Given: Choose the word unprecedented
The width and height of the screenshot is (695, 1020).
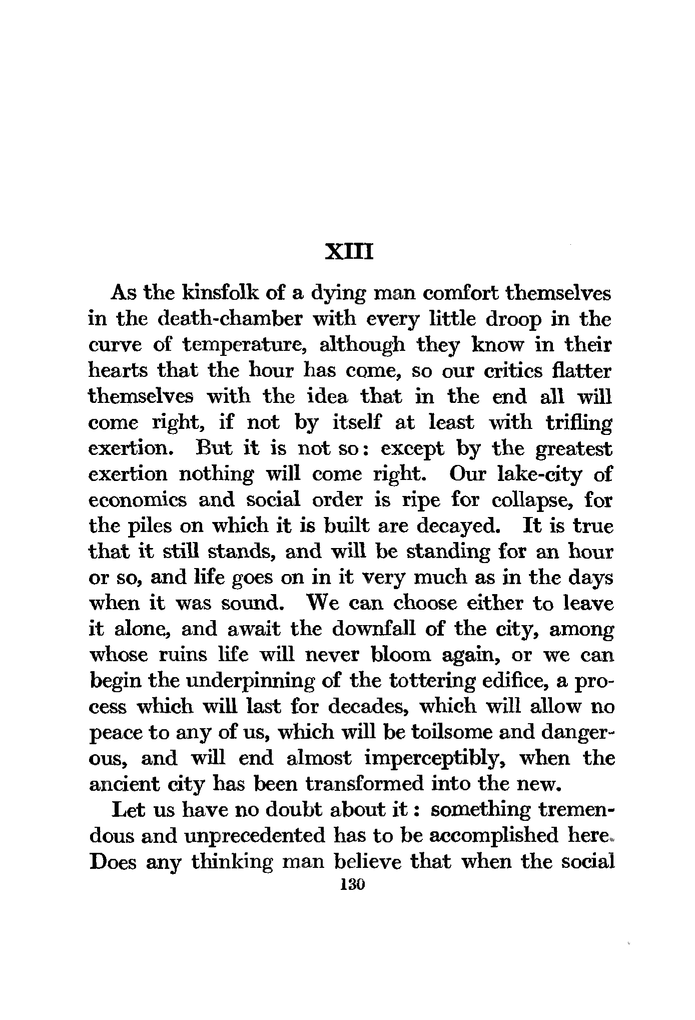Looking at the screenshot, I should tap(255, 836).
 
